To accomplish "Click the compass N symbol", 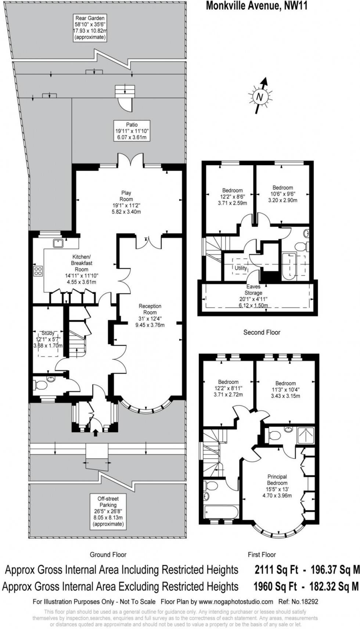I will tap(260, 97).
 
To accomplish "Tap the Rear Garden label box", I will tap(90, 28).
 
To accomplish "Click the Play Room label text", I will tap(127, 202).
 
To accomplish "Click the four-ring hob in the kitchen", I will tap(38, 271).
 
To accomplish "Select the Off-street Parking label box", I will tap(108, 511).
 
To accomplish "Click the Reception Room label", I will tap(150, 315).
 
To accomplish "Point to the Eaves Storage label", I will tap(253, 296).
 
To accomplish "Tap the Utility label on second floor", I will tap(241, 268).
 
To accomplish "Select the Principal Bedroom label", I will tap(277, 486).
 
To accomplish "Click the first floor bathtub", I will tap(221, 512).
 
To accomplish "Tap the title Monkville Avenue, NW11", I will tap(256, 6).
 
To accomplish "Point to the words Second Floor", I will tap(262, 332).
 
